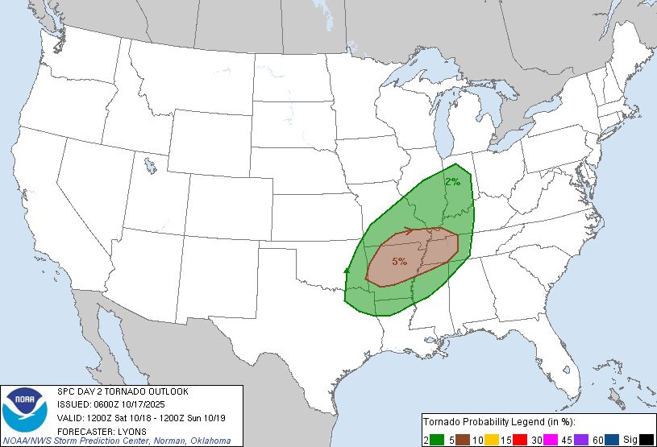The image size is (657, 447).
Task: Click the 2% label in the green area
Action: pos(452,182)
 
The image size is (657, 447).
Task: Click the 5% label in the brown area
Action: pos(399,261)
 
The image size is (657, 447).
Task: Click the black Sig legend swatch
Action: pos(647,439)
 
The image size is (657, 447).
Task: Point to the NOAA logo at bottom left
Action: pos(25,412)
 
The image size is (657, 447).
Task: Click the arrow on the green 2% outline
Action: pos(347,272)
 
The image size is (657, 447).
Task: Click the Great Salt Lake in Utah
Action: pos(150,167)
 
